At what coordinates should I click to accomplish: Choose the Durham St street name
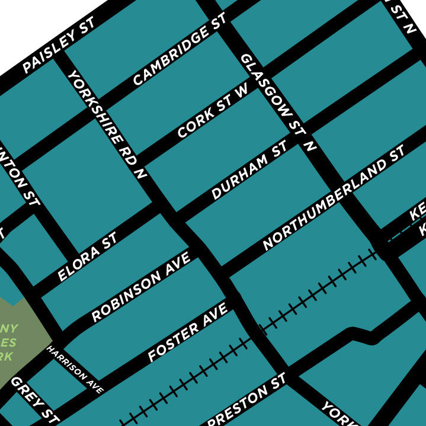pos(249,170)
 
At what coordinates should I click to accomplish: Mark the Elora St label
pos(88,257)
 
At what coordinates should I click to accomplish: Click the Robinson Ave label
pos(141,286)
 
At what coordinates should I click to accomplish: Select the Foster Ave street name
pos(188,332)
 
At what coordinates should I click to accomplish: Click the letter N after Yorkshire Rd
pos(140,174)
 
